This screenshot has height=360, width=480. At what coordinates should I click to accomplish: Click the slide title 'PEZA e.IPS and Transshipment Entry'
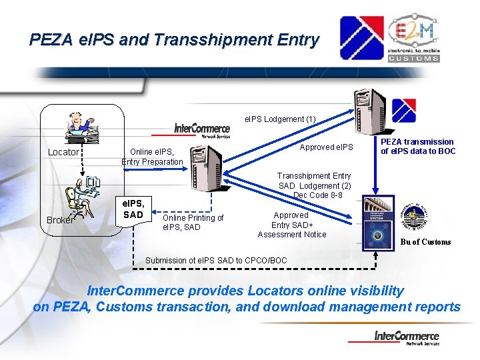(x=174, y=40)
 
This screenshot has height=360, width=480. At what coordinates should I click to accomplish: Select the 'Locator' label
(x=64, y=152)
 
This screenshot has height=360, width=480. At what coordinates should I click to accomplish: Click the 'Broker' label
(x=60, y=219)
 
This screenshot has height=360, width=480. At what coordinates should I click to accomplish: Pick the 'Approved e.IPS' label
(x=327, y=147)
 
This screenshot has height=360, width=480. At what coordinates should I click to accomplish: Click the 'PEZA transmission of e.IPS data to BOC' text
(x=418, y=146)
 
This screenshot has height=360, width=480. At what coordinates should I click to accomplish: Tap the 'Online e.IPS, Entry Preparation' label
(x=152, y=157)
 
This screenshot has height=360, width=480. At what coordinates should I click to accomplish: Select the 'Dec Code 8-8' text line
(x=318, y=195)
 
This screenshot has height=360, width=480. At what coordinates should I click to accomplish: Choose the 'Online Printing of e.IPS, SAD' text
(x=193, y=223)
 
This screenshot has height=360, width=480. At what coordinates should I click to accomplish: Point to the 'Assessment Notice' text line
(x=292, y=234)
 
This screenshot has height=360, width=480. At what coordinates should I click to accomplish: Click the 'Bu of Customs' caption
(x=426, y=242)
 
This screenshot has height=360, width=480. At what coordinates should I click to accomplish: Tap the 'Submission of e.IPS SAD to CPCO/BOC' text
(x=216, y=260)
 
